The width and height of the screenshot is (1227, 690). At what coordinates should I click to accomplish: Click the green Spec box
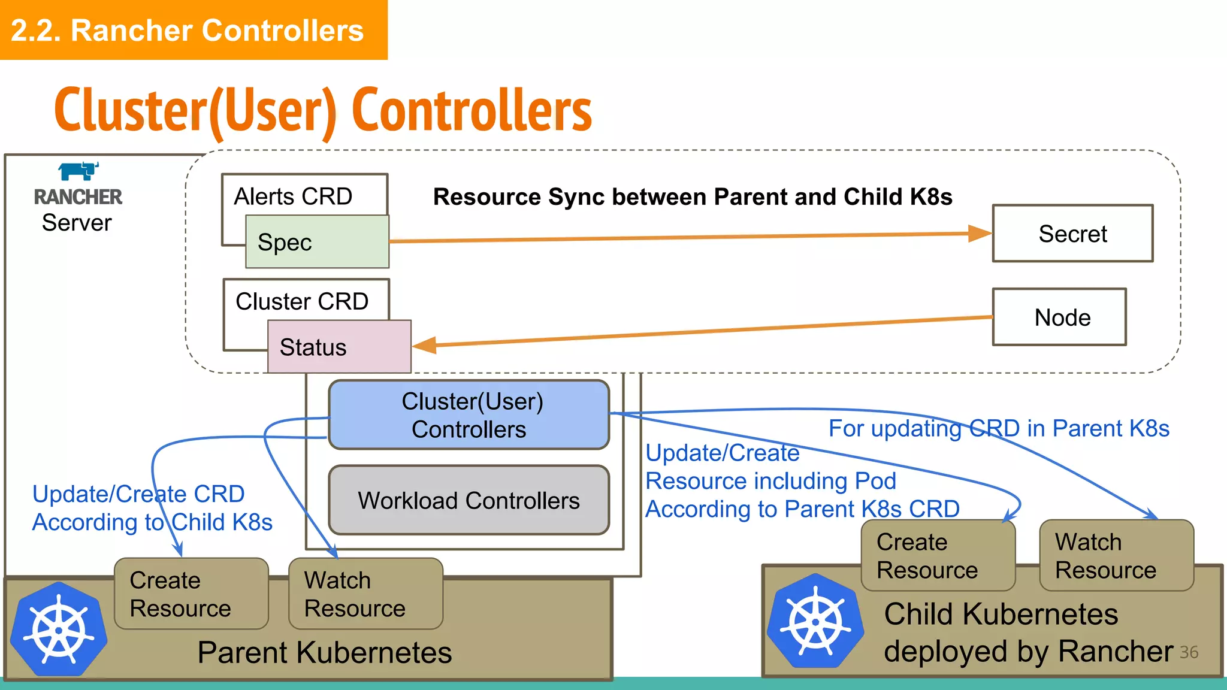[x=318, y=242]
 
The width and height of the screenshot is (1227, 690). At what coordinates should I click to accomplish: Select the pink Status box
[x=339, y=347]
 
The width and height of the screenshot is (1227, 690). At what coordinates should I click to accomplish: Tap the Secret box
[x=1072, y=234]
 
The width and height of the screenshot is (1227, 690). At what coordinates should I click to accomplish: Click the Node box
[x=1059, y=317]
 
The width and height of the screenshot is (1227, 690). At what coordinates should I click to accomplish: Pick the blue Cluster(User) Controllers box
[x=469, y=415]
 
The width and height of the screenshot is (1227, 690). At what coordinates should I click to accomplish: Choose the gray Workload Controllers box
[x=469, y=500]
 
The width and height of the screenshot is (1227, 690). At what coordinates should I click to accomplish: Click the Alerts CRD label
[x=293, y=196]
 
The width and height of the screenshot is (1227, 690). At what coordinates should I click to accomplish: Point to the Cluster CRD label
[x=302, y=301]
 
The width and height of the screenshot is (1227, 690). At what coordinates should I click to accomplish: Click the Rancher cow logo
[x=78, y=171]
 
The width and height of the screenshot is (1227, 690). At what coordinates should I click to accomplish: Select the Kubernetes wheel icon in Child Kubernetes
[x=815, y=622]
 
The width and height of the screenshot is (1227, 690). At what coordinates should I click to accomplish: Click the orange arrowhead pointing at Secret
[x=980, y=234]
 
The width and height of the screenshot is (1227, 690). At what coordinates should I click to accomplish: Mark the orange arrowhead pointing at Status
[x=424, y=345]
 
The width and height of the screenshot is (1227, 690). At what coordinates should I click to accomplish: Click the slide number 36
[x=1189, y=652]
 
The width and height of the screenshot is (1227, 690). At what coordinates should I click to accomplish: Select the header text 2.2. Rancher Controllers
[x=188, y=31]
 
